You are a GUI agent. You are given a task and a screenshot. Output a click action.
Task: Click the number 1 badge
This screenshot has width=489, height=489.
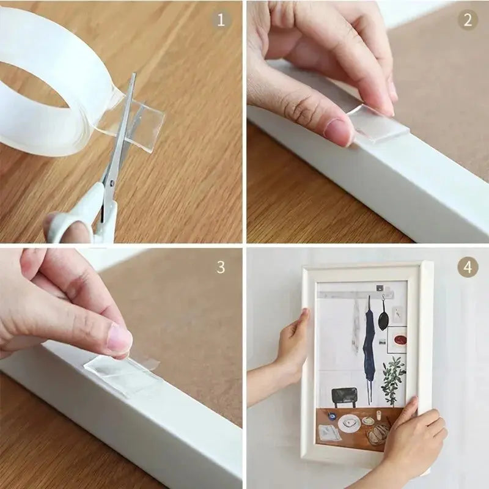pyautogui.click(x=221, y=20)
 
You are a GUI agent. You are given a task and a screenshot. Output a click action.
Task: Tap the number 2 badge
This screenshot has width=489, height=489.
pyautogui.click(x=468, y=20)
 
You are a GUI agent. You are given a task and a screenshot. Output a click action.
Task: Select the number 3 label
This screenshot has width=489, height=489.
pyautogui.click(x=221, y=267)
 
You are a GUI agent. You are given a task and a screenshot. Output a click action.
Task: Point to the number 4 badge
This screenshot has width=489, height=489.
pyautogui.click(x=468, y=267)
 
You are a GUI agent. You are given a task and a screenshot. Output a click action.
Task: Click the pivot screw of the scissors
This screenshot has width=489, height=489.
pyautogui.click(x=112, y=181)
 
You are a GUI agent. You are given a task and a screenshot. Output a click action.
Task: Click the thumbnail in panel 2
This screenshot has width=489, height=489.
pyautogui.click(x=339, y=131)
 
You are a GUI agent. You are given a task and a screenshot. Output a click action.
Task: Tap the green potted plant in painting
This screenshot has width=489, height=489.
pyautogui.click(x=393, y=379)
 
